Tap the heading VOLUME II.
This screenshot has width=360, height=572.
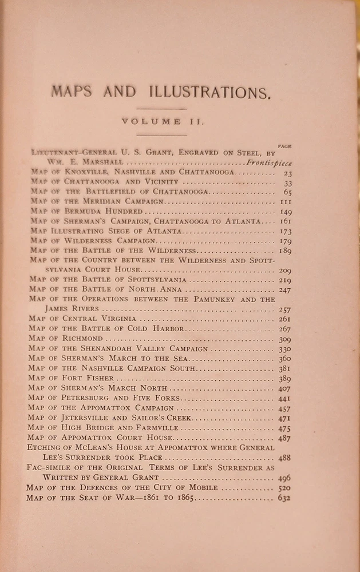160,121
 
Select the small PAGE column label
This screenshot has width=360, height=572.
284,146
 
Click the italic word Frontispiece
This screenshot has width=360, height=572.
268,163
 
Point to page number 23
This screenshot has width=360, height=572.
287,173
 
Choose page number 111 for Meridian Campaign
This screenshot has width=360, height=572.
285,202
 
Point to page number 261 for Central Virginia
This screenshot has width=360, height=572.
284,319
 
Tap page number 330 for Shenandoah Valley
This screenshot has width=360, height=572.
284,348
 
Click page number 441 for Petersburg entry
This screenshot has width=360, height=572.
284,398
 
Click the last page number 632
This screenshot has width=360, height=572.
284,498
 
